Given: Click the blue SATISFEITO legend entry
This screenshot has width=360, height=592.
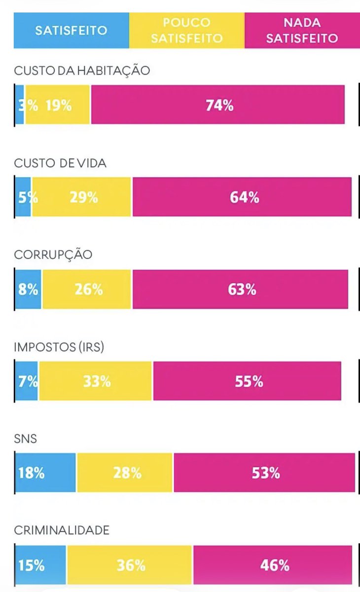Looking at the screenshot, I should click(71, 30).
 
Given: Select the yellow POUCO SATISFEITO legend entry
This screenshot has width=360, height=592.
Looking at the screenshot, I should click(186, 30).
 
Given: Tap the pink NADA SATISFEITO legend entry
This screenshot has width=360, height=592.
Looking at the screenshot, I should click(302, 30).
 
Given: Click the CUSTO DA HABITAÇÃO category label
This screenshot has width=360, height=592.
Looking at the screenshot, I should click(82, 71).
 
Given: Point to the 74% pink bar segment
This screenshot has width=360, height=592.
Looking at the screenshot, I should click(219, 105).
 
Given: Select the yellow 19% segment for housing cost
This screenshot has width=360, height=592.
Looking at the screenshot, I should click(58, 105).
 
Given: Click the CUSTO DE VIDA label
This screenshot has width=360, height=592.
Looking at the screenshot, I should click(60, 163).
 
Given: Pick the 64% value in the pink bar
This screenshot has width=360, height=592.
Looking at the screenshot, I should click(244, 197).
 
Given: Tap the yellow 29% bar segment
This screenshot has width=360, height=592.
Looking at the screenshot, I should click(82, 197).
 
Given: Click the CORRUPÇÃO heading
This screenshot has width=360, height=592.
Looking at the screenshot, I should click(53, 255).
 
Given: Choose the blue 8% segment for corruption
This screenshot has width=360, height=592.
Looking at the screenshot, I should click(28, 289).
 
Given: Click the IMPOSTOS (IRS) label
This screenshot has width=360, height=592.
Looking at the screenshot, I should click(59, 347).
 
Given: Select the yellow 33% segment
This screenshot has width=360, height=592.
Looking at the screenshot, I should click(96, 381).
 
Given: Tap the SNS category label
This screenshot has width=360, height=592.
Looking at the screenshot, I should click(26, 439).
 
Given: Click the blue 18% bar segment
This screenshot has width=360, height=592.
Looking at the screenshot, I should click(45, 473).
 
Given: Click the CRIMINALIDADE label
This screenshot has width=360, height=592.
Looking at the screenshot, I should click(62, 530).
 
